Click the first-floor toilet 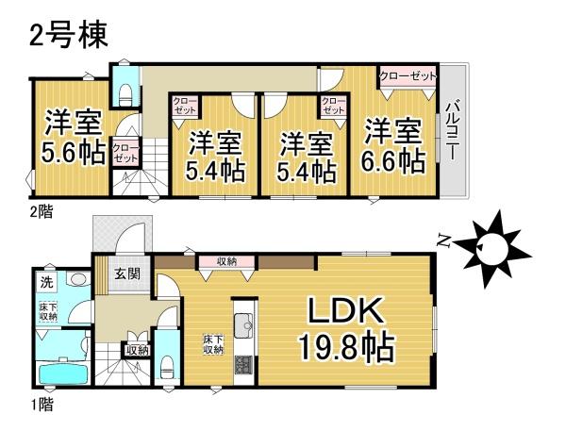(x=167, y=363)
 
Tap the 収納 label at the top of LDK (x=225, y=261)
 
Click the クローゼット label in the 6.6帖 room (x=408, y=75)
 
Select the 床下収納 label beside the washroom (x=48, y=311)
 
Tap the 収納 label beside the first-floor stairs (x=136, y=351)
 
